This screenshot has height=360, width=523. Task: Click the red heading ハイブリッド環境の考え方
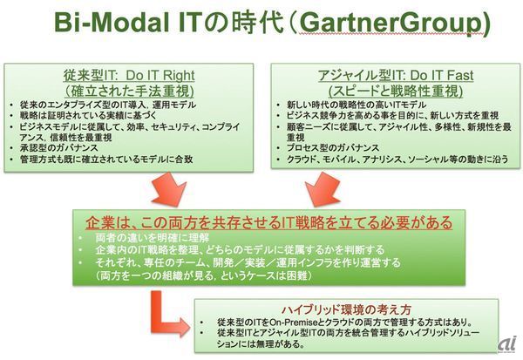click(345, 308)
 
